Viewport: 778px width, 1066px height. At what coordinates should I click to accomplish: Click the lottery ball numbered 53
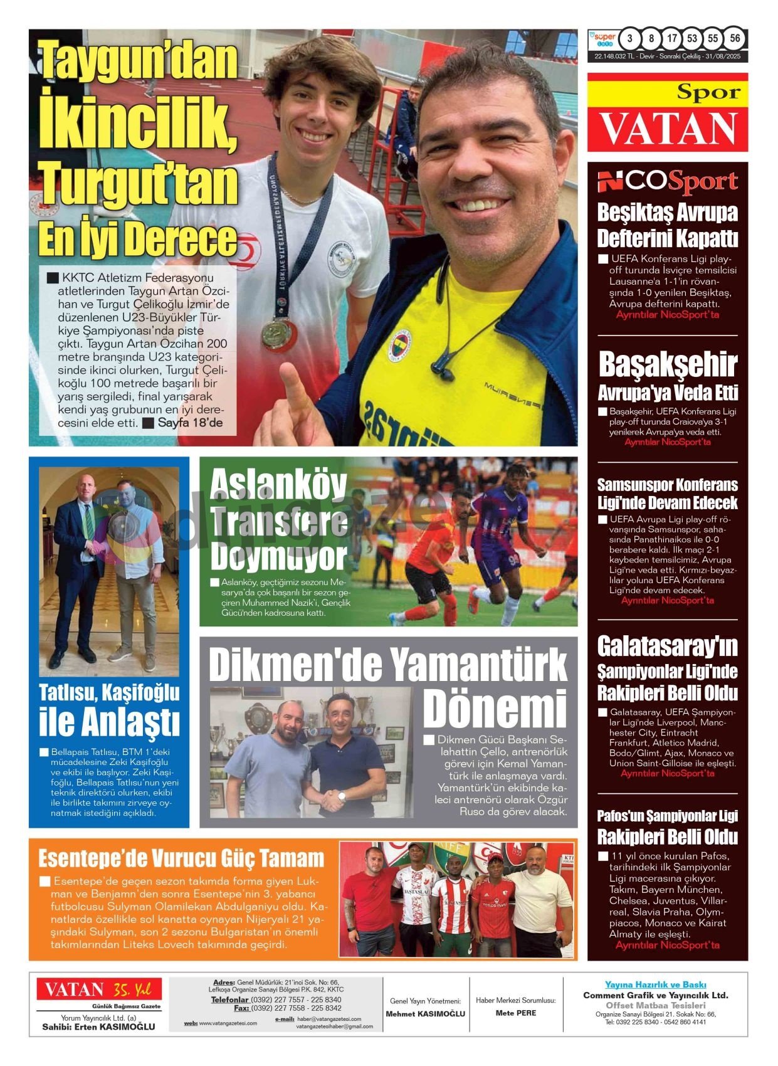point(692,39)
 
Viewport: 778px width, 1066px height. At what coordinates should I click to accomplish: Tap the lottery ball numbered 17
point(672,39)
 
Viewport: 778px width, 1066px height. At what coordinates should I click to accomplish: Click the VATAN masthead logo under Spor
point(668,129)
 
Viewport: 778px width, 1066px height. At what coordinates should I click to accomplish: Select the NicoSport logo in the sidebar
point(667,182)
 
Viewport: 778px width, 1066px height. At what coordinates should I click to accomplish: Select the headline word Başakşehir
point(668,364)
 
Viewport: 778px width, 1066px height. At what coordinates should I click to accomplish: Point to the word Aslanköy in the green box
point(278,485)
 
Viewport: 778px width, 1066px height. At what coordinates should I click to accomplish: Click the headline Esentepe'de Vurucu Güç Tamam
point(181,858)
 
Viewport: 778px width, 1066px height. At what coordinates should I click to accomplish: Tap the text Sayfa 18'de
point(190,423)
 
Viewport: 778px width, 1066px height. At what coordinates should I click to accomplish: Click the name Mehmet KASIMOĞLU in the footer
point(425,1013)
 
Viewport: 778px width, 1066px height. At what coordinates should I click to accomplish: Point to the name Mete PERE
point(515,1013)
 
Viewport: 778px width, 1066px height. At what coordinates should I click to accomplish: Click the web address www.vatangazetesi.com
point(228,1023)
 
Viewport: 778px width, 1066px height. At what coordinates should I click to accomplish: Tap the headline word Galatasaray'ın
point(668,646)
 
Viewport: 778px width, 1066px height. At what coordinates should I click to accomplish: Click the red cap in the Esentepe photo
point(495,858)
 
